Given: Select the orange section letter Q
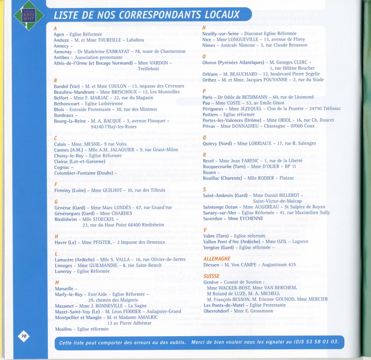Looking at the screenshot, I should point(204,137).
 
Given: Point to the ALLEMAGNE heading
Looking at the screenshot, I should point(217,258).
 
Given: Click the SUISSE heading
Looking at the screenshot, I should point(212,276).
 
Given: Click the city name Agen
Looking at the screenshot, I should point(59,34).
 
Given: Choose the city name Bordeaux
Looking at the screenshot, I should point(64,115).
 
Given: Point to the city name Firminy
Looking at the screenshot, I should point(62,190).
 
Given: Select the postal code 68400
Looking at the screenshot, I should point(133,225).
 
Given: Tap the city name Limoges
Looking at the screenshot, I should point(64,265).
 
